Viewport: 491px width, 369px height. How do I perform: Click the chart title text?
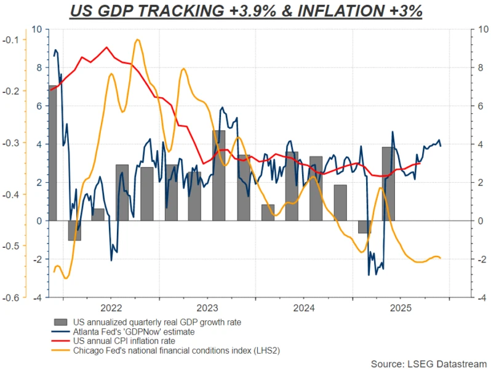coord(245,11)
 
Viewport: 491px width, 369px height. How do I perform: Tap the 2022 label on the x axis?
coord(110,307)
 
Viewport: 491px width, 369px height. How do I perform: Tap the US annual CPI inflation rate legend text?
coord(124,341)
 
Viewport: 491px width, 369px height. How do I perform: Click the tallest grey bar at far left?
coord(52,154)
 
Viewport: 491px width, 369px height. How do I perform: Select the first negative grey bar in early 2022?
coord(74,230)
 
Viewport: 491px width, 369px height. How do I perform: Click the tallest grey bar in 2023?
coord(218,175)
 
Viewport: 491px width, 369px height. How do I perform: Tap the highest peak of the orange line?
coord(137,40)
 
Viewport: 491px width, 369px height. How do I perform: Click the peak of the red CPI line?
coord(106,47)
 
